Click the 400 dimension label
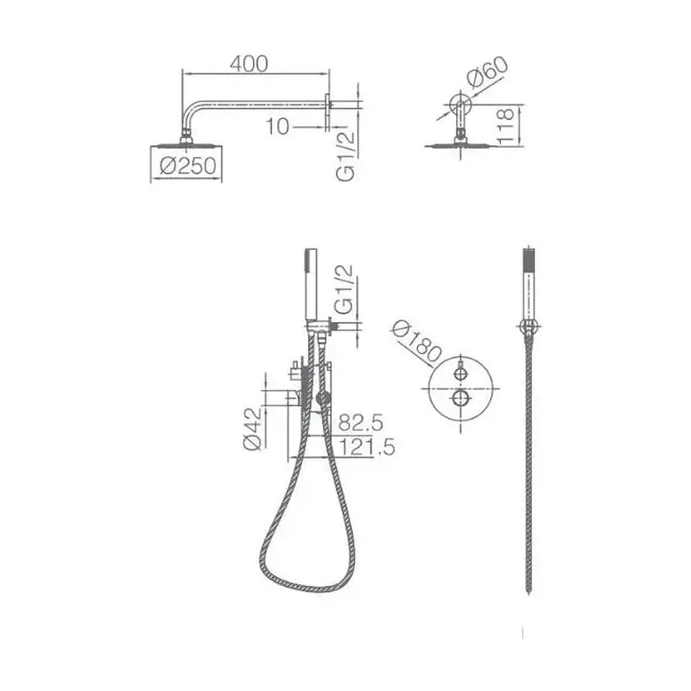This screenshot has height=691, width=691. coord(249,64)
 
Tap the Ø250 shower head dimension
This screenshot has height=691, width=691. coord(188,166)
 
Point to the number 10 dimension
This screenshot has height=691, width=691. coord(277,127)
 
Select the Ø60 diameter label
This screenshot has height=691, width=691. coord(487,73)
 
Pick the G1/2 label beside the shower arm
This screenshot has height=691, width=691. coord(345,156)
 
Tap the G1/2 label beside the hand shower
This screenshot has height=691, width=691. coord(344,289)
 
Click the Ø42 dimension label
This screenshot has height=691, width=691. coord(252,429)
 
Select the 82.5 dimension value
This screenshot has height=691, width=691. coord(361,423)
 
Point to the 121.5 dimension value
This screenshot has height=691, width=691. coord(367,447)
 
